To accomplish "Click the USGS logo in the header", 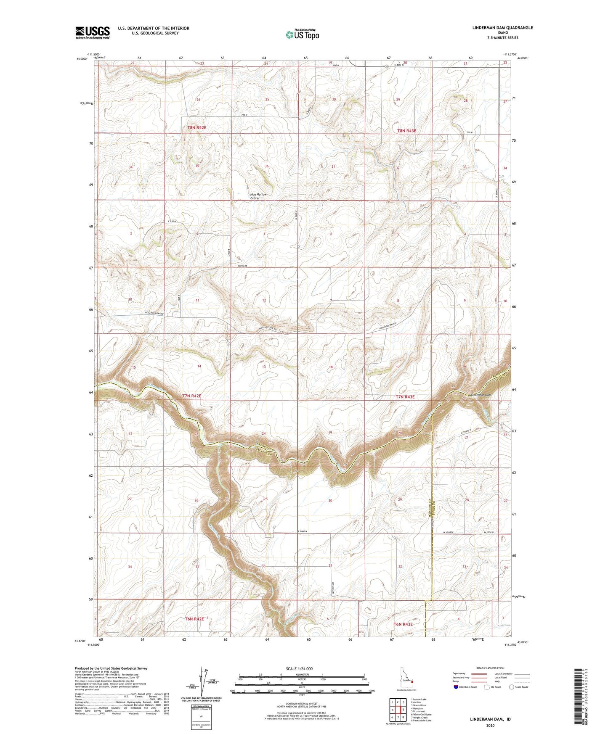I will tap(93, 32).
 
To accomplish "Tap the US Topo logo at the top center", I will tap(302, 35).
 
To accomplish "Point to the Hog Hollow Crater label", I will tap(258, 196).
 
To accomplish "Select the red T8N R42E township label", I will tap(197, 127).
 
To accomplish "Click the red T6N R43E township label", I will tap(403, 624).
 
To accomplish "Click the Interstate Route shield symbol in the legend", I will tap(457, 687).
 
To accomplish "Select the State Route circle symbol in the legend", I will tap(512, 687).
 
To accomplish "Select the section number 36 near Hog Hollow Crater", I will tap(266, 166).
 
